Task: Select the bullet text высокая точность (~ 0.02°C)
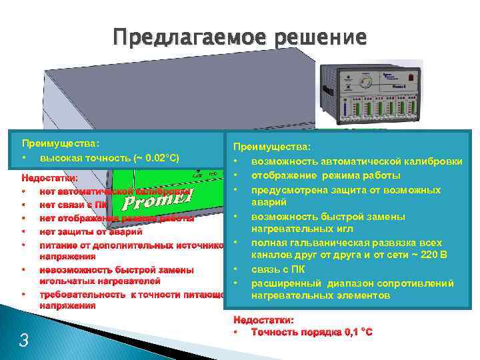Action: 109,158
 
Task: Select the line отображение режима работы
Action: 325,175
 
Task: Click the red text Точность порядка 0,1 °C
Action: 311,332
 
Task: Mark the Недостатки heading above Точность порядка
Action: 263,319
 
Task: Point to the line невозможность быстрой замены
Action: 117,270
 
